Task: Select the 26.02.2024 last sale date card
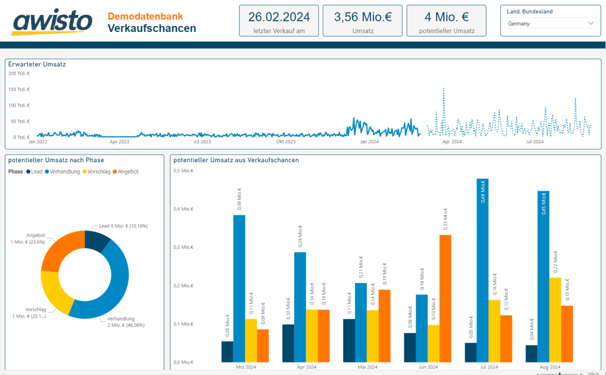279,21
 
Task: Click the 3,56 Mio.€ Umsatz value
363,17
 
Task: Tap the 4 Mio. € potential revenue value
446,17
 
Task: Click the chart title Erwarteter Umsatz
37,64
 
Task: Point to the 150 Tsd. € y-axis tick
19,89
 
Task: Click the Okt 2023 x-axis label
286,142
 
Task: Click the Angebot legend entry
128,171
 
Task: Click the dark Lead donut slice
95,241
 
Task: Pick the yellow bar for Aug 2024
555,319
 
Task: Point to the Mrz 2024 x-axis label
245,367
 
